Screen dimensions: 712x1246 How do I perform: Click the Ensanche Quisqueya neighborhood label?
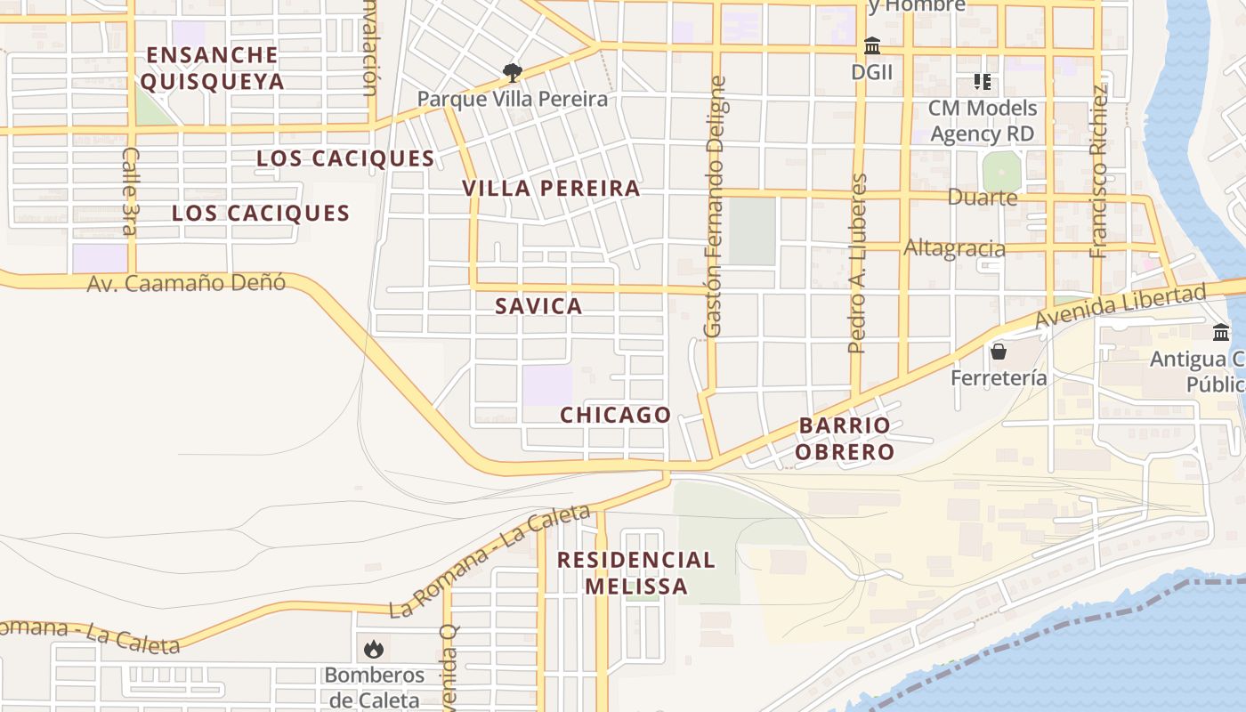pos(213,69)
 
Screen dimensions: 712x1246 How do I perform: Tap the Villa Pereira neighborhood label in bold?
pos(551,189)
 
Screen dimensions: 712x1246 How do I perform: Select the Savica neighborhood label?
pos(538,306)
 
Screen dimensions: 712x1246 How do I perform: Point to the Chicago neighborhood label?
pos(615,415)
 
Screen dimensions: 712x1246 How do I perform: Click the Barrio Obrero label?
pos(845,438)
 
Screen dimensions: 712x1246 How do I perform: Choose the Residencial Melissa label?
pos(636,573)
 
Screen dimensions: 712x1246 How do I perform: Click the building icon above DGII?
pos(872,45)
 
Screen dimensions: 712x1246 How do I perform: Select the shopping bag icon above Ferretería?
pos(999,352)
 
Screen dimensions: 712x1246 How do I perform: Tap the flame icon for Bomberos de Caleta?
pos(374,649)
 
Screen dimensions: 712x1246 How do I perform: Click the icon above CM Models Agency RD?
pos(983,82)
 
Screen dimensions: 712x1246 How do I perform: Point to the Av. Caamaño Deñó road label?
pos(187,284)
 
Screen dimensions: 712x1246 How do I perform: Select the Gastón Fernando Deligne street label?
pos(715,206)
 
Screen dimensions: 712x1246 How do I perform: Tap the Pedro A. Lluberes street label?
pos(858,263)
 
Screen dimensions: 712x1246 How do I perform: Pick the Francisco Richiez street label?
pos(1099,171)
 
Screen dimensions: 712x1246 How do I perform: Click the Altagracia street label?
pos(954,248)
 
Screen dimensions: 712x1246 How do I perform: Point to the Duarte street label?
pos(983,197)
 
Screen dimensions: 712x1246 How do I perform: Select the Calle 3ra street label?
pos(130,191)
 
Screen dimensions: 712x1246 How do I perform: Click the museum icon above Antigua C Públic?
pos(1221,333)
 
